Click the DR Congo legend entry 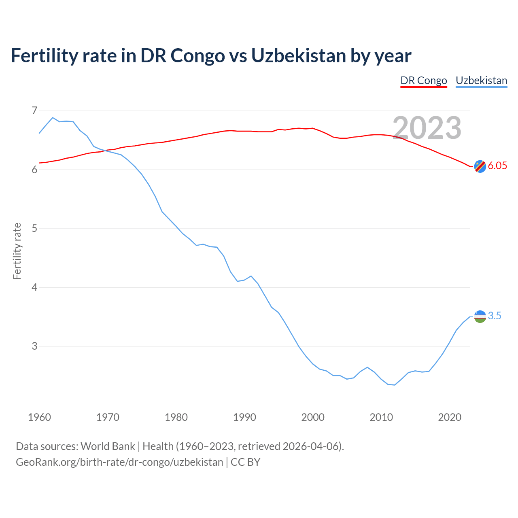[424, 81]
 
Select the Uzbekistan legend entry [481, 81]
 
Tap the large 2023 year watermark [427, 128]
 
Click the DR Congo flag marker [480, 166]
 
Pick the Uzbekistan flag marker [480, 316]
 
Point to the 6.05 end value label [497, 166]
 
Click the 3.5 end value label [495, 316]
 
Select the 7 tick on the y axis [34, 110]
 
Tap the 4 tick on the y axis [34, 287]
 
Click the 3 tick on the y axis [34, 346]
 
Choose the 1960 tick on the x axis [39, 417]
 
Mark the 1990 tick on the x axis [244, 417]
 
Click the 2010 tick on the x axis [381, 417]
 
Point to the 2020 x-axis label [450, 417]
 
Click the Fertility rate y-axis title [17, 251]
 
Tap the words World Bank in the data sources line [108, 446]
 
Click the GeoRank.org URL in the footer [119, 462]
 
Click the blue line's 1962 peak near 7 [53, 118]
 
